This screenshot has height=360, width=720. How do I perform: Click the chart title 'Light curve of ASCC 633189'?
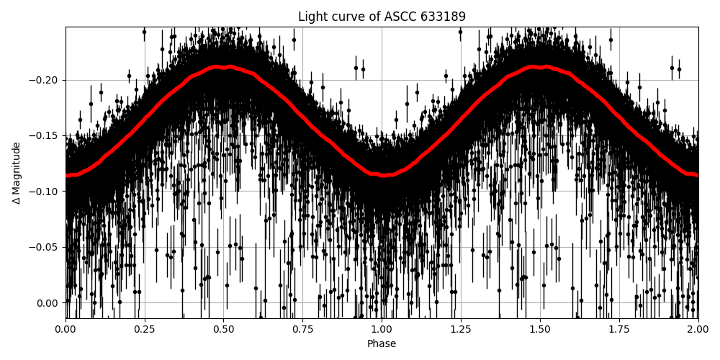point(382,17)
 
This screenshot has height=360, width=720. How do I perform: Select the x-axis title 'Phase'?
point(382,344)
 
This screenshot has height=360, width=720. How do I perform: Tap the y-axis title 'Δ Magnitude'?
point(17,173)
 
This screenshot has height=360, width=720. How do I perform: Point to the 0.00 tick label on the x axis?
point(66,329)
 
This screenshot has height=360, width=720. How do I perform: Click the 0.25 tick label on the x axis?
point(145,329)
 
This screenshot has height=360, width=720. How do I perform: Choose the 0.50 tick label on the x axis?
point(224,329)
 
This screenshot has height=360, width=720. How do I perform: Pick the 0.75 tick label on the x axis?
point(302,329)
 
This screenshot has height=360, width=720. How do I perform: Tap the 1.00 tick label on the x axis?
point(382,329)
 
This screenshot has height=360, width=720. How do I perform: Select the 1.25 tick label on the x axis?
point(461,329)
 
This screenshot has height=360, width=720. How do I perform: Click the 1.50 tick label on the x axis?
point(540,329)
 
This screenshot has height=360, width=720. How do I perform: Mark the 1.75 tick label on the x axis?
point(619,329)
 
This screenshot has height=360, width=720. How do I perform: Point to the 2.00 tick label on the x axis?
point(698,329)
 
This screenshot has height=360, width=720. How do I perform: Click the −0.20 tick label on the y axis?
point(45,80)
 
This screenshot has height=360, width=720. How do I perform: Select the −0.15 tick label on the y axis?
point(45,135)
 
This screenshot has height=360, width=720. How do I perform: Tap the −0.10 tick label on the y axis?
point(45,192)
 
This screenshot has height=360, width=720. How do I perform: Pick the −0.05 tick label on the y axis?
point(45,247)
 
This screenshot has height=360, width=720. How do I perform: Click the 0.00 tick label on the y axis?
point(48,302)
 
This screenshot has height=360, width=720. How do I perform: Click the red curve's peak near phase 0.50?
point(224,67)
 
